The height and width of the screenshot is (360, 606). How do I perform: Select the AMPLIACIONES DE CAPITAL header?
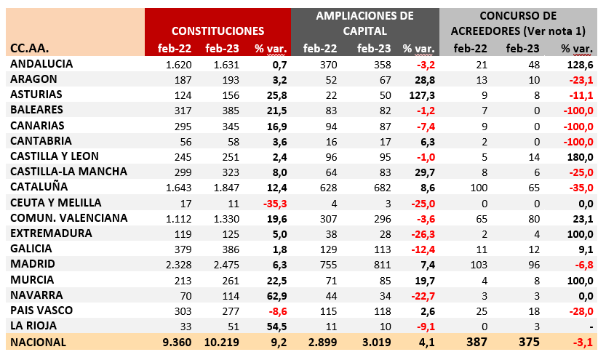(x=365, y=23)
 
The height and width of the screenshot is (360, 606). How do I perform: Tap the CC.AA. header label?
(x=31, y=49)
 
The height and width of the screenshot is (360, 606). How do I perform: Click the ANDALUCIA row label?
(x=42, y=64)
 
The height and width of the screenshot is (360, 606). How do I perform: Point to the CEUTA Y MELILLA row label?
(x=56, y=202)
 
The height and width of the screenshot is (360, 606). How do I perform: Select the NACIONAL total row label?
(x=39, y=342)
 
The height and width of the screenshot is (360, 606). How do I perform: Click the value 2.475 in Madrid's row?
(x=222, y=264)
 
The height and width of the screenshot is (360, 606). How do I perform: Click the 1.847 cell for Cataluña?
(x=222, y=187)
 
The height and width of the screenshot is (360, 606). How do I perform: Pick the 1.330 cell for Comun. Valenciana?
(x=222, y=218)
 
